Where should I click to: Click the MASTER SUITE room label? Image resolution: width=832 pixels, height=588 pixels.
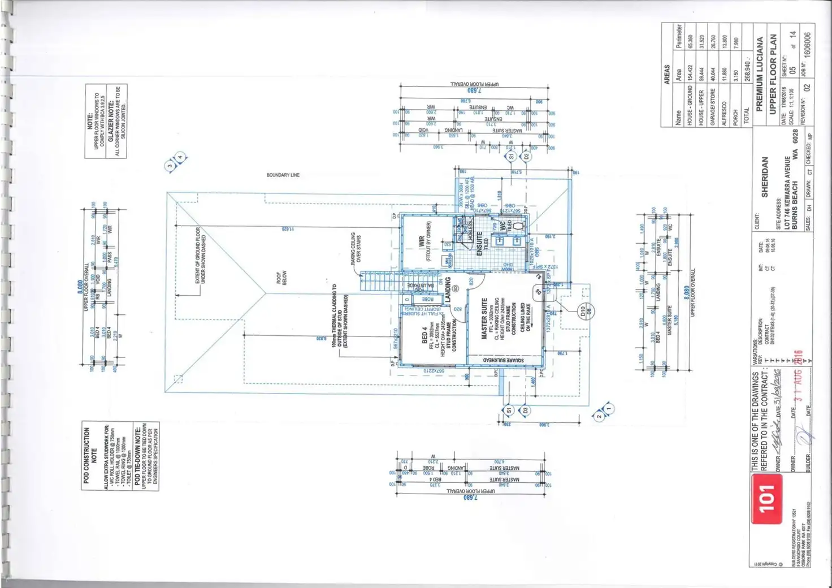point(484,319)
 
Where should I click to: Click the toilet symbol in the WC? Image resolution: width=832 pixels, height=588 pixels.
point(519,226)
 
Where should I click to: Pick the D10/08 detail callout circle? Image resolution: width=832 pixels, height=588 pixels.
point(585,311)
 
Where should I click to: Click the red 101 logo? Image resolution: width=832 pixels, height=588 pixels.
point(766,499)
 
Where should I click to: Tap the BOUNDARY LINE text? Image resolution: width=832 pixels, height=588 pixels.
point(283,175)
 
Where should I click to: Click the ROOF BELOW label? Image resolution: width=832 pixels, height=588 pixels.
point(281,278)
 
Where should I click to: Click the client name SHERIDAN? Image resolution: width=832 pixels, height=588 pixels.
point(765,177)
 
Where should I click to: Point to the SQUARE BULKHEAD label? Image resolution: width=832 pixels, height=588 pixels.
point(503,360)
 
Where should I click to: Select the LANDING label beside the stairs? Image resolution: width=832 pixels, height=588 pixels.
point(448,290)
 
